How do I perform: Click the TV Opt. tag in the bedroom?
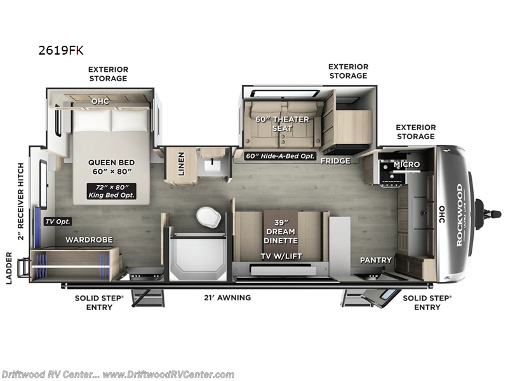[58, 222]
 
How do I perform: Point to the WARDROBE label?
[90, 240]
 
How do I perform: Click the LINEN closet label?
[181, 164]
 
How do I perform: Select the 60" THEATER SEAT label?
[283, 124]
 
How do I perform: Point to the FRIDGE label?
[335, 161]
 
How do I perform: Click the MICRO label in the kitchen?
[406, 165]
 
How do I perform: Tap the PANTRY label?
[375, 260]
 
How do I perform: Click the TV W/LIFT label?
[280, 257]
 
